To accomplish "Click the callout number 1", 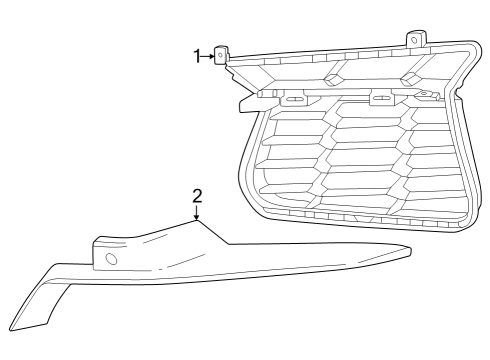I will (x=197, y=56).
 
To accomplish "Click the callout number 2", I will (x=197, y=195).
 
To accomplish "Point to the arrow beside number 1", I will (x=209, y=57).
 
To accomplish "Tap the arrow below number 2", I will (x=197, y=212).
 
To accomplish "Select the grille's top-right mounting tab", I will (x=413, y=39).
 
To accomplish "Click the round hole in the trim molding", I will (x=111, y=259).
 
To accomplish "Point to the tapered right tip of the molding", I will (x=408, y=251).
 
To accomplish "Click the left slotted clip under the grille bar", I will (x=295, y=99).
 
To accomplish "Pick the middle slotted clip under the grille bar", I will (x=381, y=99).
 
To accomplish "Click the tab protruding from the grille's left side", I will (x=246, y=101).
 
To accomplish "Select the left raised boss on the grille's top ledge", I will (x=336, y=78).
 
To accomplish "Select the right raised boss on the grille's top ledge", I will (x=408, y=78).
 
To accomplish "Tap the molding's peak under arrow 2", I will (x=197, y=221).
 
